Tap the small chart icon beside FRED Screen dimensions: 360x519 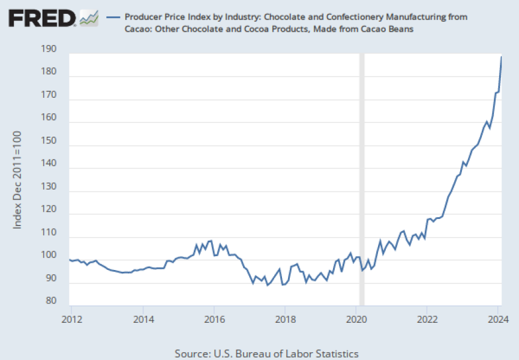89,18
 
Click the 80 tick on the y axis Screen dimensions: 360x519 52,301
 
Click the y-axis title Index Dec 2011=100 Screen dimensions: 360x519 18,179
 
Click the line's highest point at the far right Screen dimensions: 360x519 502,57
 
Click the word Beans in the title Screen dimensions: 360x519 400,29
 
